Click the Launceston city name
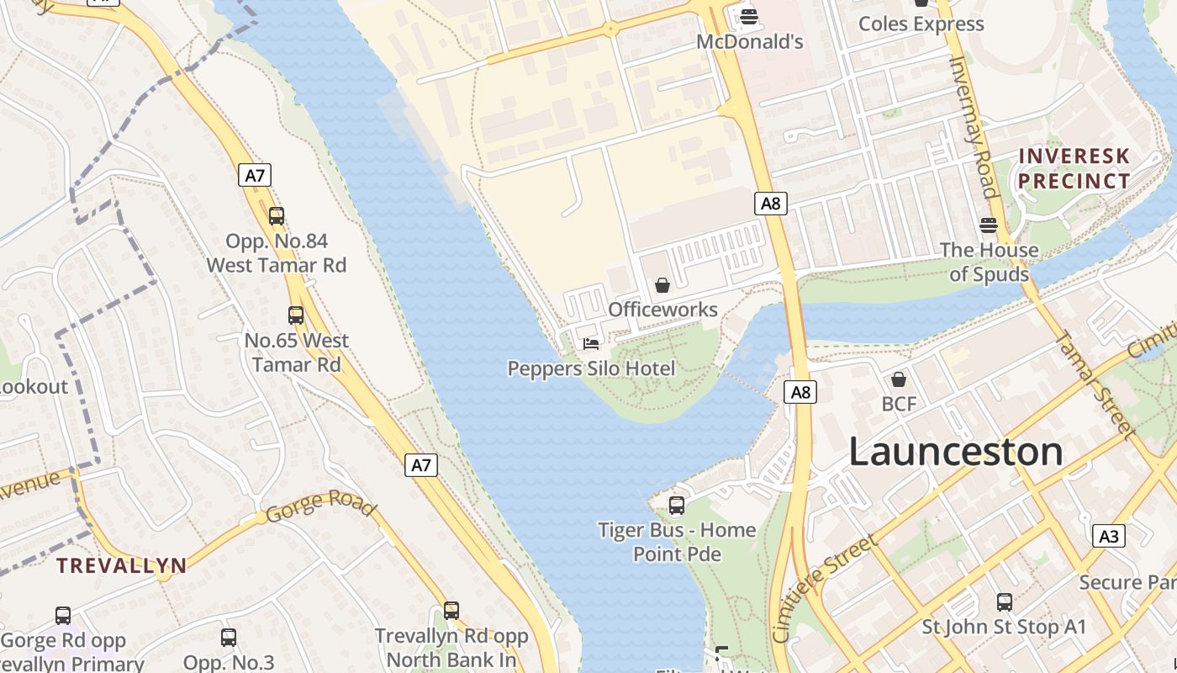point(955,452)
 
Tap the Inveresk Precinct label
point(1074,168)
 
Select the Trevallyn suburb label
point(121,565)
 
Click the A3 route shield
point(1109,536)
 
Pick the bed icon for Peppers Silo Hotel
point(591,343)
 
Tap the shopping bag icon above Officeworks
point(662,285)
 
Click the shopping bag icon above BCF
point(899,379)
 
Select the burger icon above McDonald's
point(749,16)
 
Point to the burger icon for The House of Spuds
point(989,225)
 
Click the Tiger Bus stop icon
point(677,506)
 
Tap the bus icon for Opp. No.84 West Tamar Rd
point(277,216)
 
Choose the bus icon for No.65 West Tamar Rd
point(296,315)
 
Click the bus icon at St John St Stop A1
point(1005,602)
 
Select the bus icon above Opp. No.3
point(229,638)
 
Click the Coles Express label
point(921,24)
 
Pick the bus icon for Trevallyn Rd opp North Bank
point(451,611)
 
